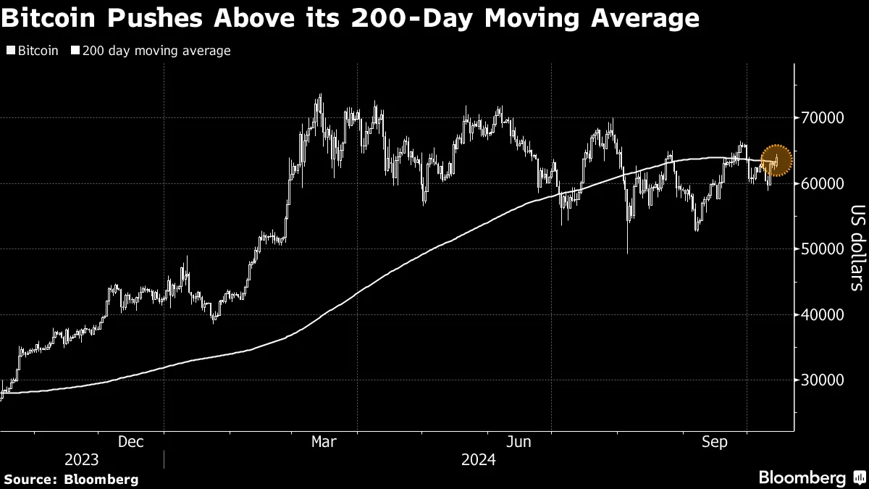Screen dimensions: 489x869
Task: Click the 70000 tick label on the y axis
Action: (823, 117)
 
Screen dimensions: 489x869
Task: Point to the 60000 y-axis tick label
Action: (823, 183)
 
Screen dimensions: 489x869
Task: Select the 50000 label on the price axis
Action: (823, 248)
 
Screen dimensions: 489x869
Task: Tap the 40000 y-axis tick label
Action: (823, 314)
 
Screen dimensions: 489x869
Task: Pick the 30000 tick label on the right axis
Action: (823, 380)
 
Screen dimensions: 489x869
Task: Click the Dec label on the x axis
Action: (130, 441)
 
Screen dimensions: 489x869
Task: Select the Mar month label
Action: (323, 441)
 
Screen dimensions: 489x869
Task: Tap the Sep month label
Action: (715, 441)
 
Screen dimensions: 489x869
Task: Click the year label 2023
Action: (83, 460)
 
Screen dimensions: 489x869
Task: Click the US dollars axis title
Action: (857, 248)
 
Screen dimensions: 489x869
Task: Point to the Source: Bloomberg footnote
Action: (71, 479)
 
